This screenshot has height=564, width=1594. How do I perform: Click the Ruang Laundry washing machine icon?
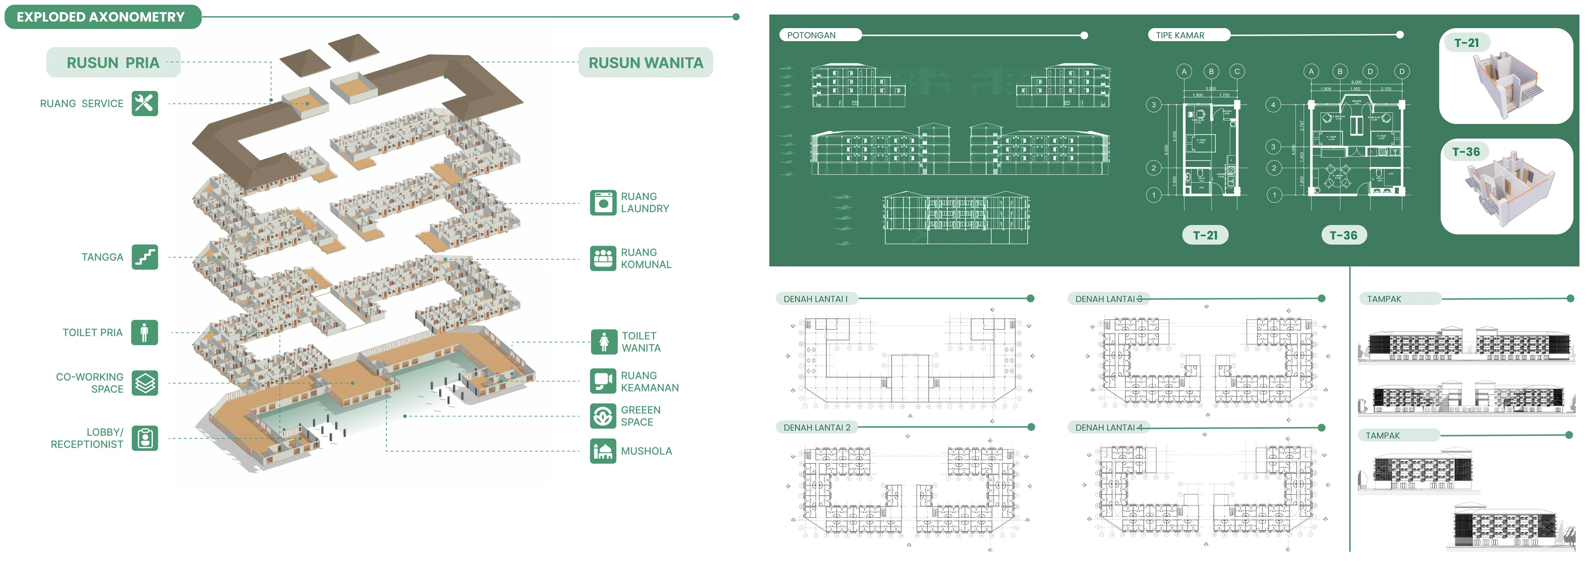click(x=603, y=202)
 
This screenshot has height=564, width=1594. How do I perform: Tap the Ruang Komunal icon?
click(x=603, y=258)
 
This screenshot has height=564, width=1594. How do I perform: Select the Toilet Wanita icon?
click(x=604, y=342)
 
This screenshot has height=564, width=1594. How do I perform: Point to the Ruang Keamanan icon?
click(x=603, y=381)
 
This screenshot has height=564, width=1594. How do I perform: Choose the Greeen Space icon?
click(x=603, y=416)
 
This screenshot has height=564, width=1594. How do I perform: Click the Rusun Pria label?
click(x=113, y=63)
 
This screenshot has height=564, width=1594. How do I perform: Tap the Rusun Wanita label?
click(x=645, y=63)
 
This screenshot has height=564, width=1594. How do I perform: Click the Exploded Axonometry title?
click(x=101, y=17)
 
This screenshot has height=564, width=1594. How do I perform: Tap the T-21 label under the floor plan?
click(x=1205, y=235)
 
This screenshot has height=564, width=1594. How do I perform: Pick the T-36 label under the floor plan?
click(x=1343, y=235)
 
